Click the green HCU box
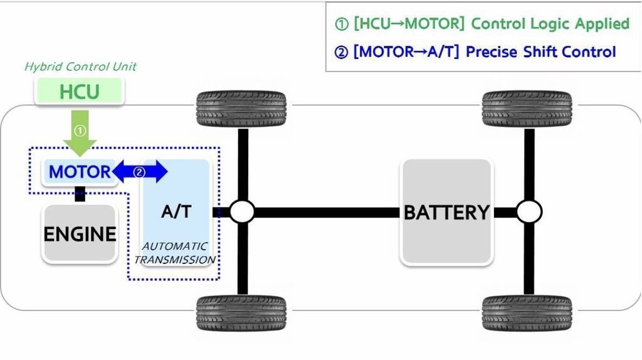(x=79, y=92)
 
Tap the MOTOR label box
(x=79, y=171)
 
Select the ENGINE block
(x=80, y=233)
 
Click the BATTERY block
(x=446, y=212)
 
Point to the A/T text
(x=176, y=212)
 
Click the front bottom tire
(x=241, y=313)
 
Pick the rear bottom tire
(x=527, y=313)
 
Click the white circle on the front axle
(x=241, y=212)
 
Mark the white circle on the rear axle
(x=529, y=212)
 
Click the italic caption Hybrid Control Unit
(x=80, y=66)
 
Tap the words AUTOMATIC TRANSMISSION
(x=175, y=253)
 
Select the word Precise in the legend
(x=489, y=51)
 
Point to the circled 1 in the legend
(x=340, y=24)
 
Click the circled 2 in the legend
(x=340, y=52)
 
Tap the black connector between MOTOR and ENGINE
(x=80, y=194)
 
